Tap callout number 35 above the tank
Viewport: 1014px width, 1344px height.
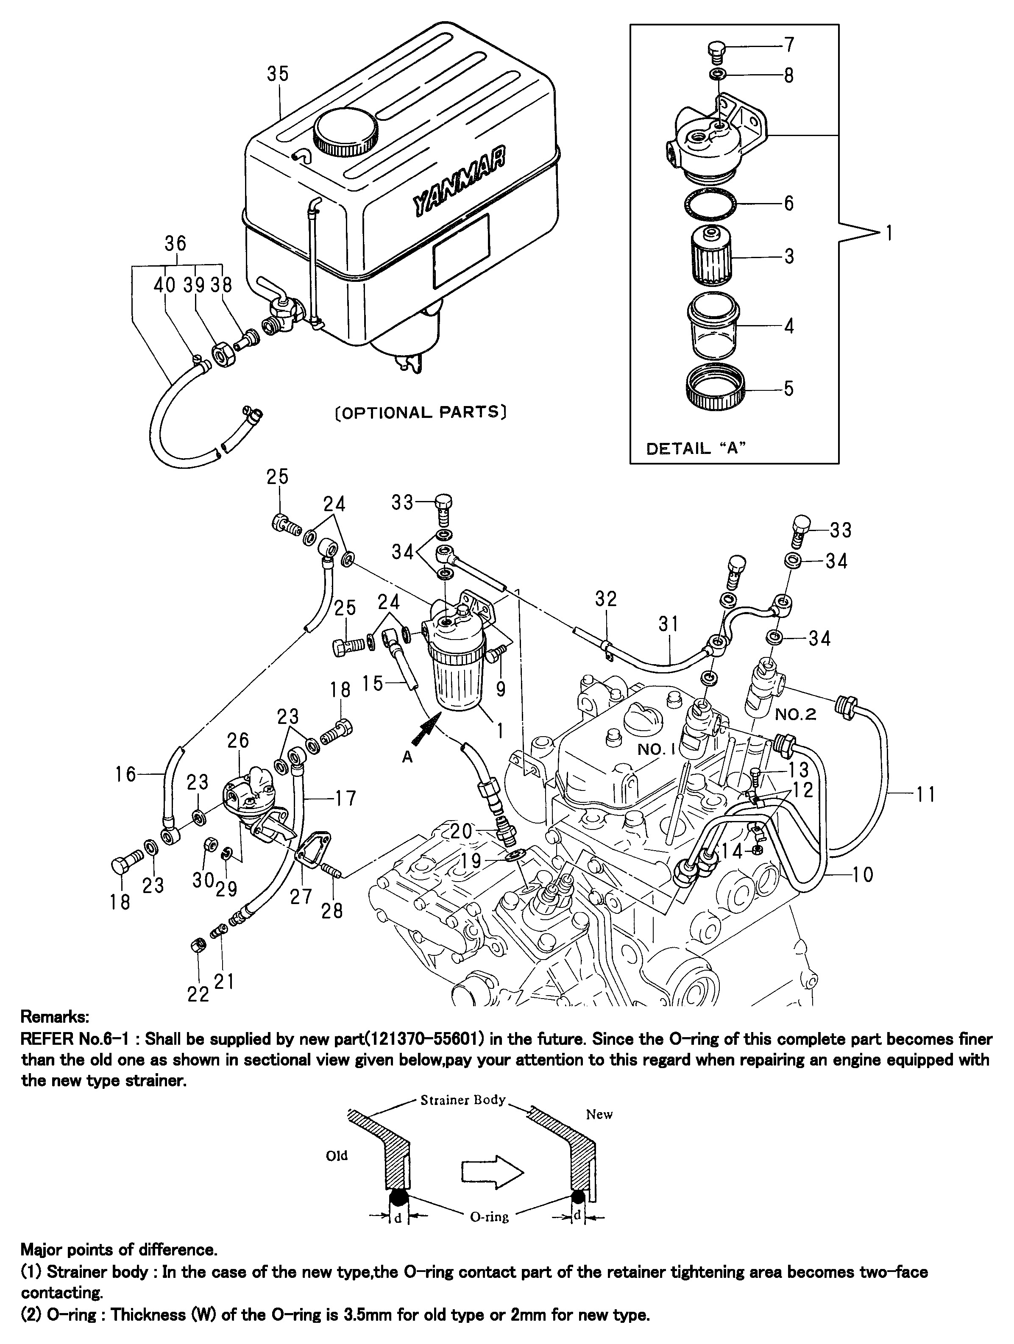[x=278, y=73]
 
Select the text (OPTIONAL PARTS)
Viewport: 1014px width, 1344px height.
[x=421, y=412]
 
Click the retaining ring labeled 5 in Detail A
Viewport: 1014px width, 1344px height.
[x=713, y=388]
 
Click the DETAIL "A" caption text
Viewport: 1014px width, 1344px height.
[x=696, y=449]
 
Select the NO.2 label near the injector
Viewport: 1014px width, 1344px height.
[x=796, y=714]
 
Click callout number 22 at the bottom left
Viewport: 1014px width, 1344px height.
[x=198, y=994]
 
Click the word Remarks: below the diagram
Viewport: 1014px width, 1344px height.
[x=55, y=1016]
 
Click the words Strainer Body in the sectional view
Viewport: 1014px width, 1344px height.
[x=463, y=1100]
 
